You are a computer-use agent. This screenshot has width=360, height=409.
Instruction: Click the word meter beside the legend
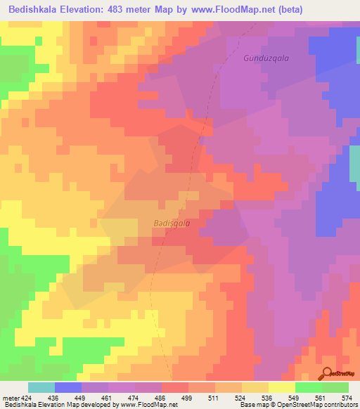click(9, 398)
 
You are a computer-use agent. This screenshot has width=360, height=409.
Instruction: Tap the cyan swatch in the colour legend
click(41, 387)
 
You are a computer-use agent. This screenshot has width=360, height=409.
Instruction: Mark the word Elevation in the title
click(94, 10)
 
